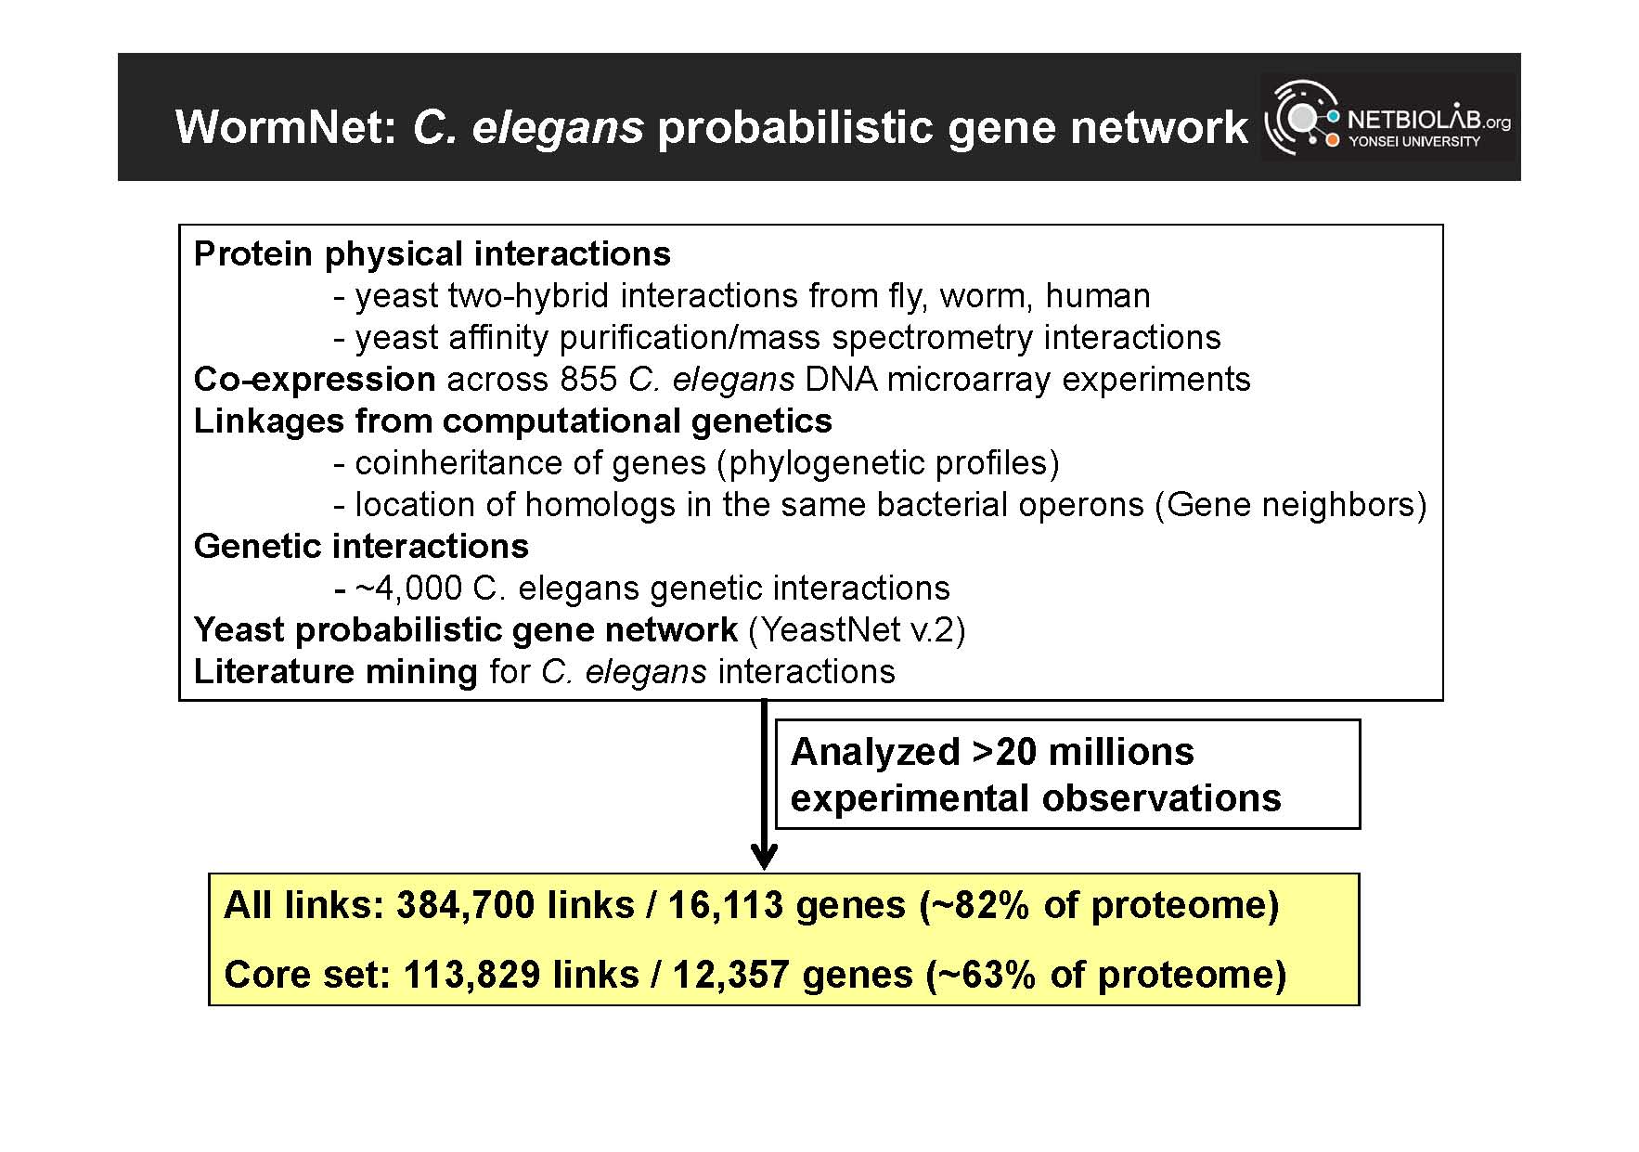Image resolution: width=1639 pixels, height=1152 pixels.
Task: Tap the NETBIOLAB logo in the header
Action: pos(1387,117)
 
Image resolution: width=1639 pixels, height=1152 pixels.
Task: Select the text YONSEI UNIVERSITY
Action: pos(1414,141)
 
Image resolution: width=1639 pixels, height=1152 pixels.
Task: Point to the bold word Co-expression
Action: pos(315,380)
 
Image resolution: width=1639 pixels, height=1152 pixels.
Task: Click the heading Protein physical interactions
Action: pos(432,253)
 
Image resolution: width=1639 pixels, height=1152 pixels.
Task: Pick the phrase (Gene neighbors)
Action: pos(1291,504)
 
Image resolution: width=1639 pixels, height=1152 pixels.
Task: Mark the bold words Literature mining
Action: pos(336,671)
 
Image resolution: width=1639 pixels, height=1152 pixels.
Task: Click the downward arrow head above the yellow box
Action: pos(764,856)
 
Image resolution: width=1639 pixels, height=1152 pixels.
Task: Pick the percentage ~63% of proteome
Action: pos(1107,975)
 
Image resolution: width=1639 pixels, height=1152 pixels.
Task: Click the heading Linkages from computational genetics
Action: pos(513,421)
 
